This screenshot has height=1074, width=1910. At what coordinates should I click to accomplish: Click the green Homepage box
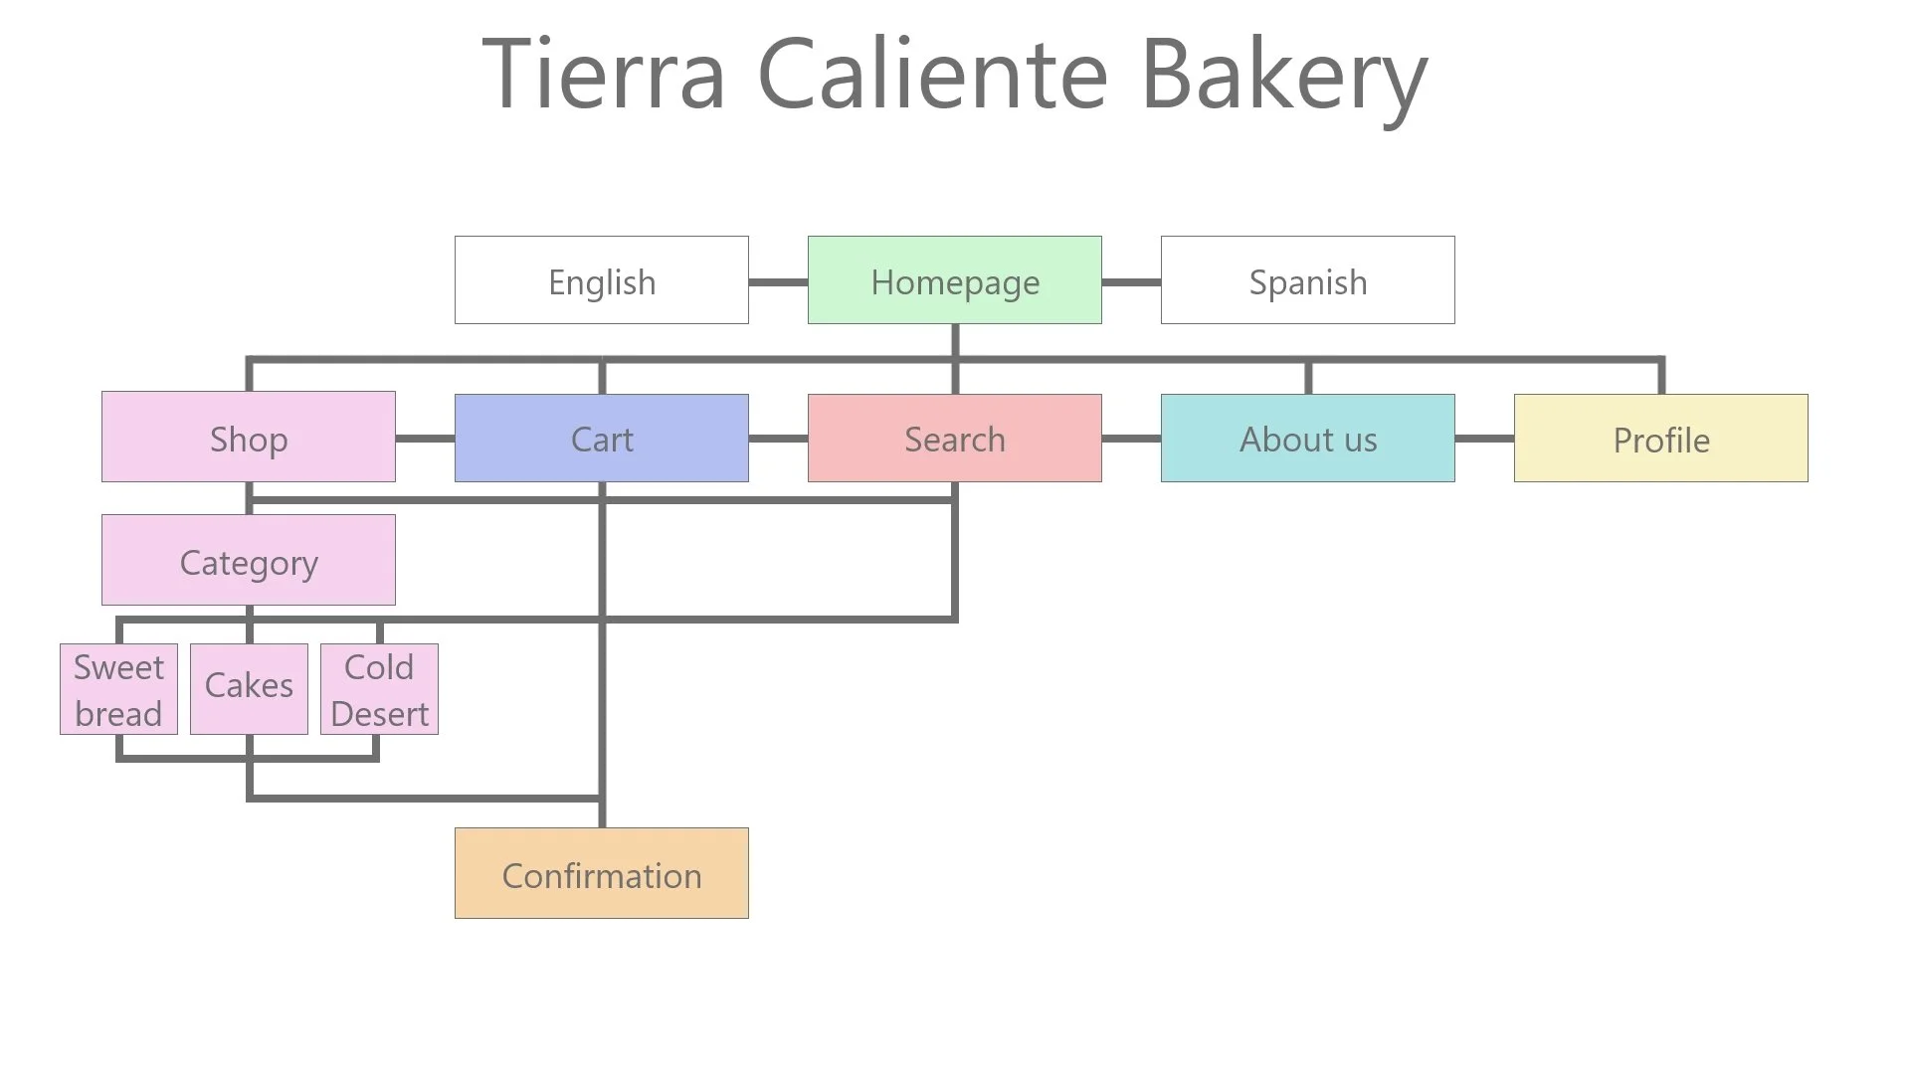[x=954, y=280]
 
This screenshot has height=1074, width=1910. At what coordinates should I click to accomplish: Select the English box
[x=601, y=280]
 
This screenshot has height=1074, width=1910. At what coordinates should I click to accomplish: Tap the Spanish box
[x=1307, y=280]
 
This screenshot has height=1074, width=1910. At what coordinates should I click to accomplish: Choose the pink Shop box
[x=248, y=438]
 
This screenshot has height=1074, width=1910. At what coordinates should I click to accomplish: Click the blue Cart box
[x=601, y=438]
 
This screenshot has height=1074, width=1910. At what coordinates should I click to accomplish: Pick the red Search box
[x=954, y=438]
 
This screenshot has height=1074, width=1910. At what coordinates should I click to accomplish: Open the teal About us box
[x=1307, y=438]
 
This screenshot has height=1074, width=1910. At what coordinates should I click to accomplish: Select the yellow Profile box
[x=1660, y=438]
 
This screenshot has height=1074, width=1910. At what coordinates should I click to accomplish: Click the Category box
[x=248, y=560]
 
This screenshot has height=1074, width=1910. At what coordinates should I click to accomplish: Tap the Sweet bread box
[x=118, y=689]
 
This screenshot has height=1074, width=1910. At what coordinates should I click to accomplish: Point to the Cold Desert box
[x=379, y=689]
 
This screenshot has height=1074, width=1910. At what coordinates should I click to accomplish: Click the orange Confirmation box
[x=601, y=873]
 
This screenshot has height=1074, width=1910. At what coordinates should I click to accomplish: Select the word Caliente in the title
[x=932, y=74]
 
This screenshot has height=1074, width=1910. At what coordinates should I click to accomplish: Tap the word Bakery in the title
[x=1283, y=76]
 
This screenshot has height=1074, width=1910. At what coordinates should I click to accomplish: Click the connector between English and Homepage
[x=778, y=282]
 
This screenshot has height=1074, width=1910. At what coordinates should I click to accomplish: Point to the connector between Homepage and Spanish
[x=1131, y=282]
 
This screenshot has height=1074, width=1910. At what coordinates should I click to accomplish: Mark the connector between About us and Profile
[x=1484, y=439]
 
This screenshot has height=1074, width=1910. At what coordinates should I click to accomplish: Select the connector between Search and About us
[x=1131, y=439]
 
